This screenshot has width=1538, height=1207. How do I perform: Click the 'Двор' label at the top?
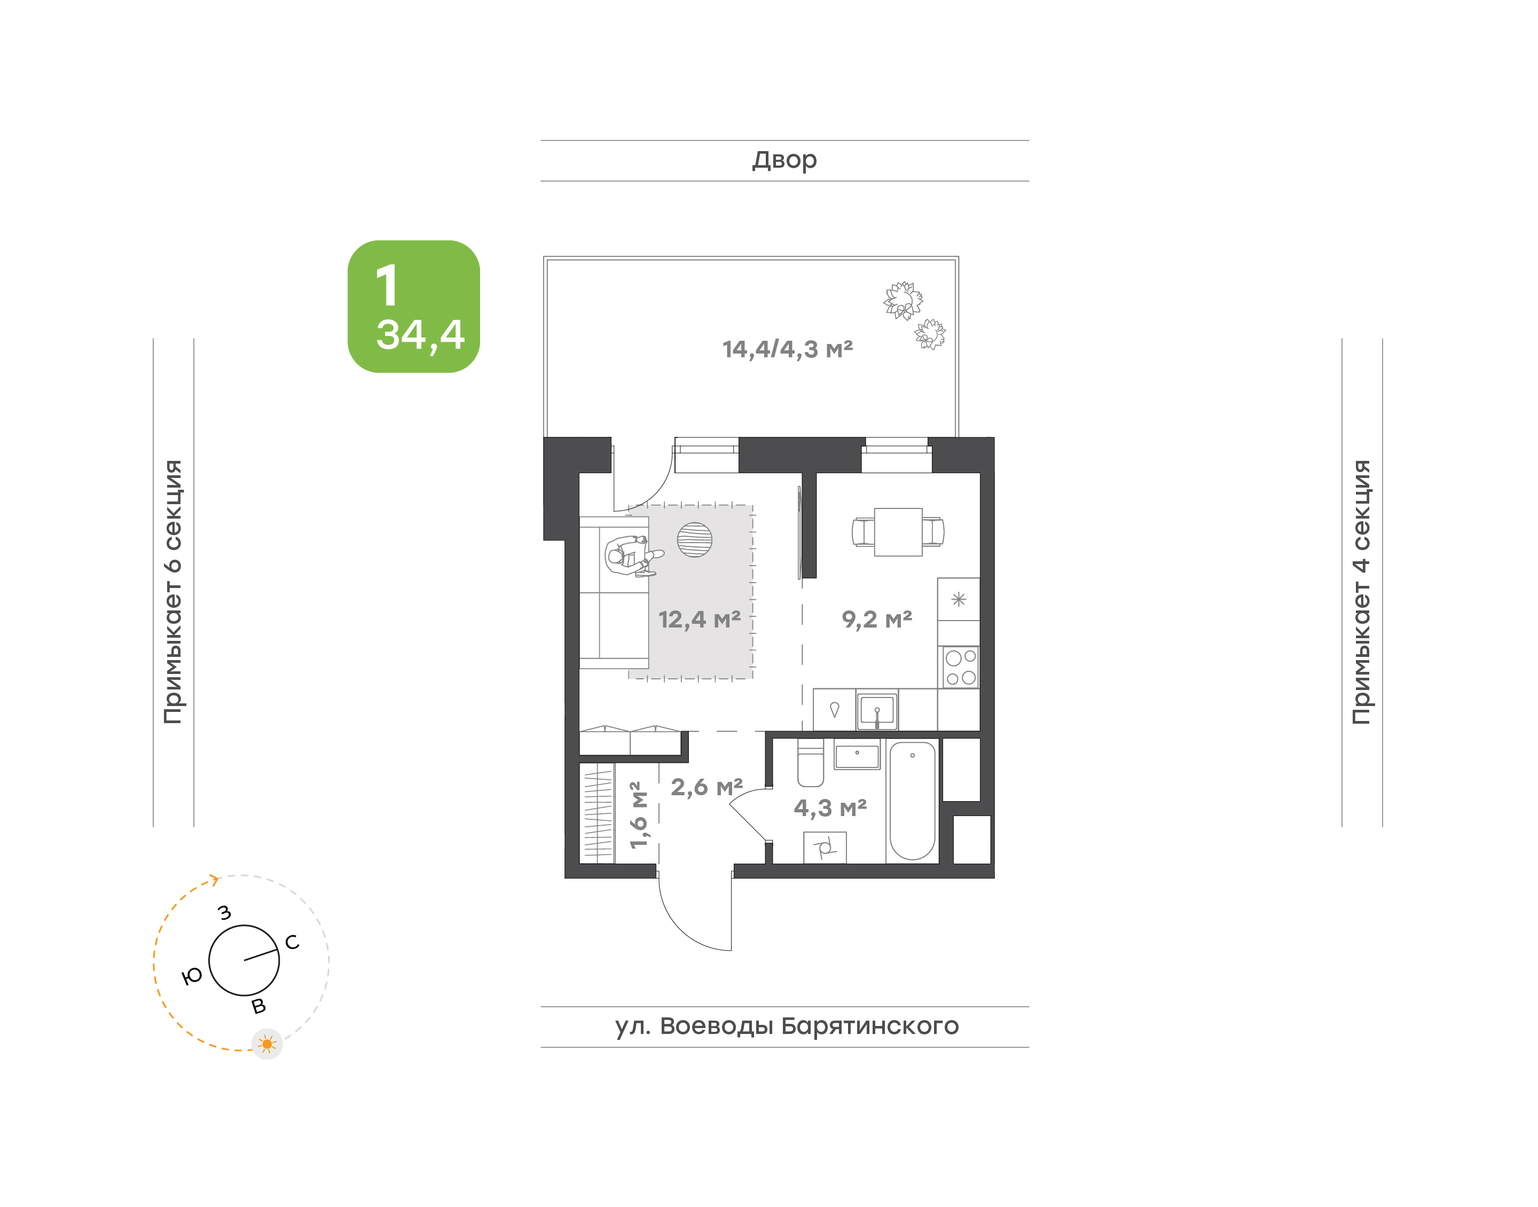click(x=784, y=160)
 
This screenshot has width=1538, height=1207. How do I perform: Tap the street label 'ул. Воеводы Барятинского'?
click(x=786, y=1026)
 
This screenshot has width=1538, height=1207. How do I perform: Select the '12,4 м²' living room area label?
click(x=700, y=620)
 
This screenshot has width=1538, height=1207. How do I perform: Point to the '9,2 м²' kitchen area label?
click(x=877, y=620)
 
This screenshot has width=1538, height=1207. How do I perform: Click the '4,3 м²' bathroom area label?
click(x=830, y=808)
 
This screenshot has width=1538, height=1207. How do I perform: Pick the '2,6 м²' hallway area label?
click(x=707, y=787)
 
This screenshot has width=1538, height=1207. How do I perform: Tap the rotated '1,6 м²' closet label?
click(x=638, y=815)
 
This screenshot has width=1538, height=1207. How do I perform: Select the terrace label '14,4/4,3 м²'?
click(x=788, y=349)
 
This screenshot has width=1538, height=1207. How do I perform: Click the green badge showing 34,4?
click(x=414, y=307)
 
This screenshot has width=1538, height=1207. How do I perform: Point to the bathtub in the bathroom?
click(x=912, y=801)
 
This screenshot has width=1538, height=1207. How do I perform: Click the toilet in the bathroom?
click(x=810, y=763)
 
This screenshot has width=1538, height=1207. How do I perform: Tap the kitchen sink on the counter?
click(x=877, y=710)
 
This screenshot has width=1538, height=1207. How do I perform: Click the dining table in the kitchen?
click(x=898, y=532)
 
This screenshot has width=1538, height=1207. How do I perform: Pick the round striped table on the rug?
click(x=694, y=540)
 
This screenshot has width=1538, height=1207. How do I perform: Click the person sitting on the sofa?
click(x=632, y=555)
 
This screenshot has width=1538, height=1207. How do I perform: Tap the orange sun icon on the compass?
click(x=267, y=1044)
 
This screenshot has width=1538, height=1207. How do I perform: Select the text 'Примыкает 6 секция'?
click(x=173, y=592)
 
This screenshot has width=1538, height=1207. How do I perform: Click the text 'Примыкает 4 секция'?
click(x=1361, y=592)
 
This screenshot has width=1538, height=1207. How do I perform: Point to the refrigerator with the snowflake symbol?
click(x=959, y=599)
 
